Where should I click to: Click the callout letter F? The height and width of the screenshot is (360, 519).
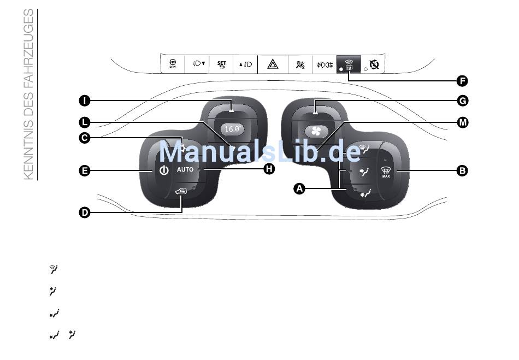462,81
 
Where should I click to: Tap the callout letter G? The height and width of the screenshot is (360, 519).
462,101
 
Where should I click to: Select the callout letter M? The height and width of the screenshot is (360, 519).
463,122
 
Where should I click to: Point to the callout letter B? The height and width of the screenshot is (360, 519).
462,171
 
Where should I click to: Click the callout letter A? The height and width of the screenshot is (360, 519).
299,188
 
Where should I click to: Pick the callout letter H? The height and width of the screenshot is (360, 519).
269,169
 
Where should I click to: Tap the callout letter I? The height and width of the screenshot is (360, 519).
85,101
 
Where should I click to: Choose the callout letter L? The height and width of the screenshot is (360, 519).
85,122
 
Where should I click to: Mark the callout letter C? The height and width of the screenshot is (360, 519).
85,138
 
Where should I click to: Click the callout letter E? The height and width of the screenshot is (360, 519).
85,171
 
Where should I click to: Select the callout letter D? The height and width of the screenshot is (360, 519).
85,213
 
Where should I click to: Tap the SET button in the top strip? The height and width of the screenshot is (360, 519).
221,64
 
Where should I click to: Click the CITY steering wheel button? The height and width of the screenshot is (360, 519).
173,64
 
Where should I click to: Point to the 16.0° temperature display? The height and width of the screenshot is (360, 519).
232,129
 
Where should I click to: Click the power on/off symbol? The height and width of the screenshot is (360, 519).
164,170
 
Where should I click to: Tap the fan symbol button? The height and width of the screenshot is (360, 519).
316,131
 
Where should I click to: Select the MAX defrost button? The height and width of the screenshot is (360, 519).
386,172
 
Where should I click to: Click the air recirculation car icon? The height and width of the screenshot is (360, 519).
181,191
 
